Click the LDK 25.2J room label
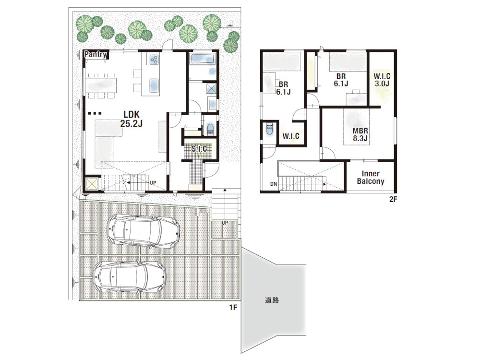pos(132,119)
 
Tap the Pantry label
pos(96,55)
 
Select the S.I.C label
pos(199,149)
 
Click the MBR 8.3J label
pos(360,135)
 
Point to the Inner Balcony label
pos(371,178)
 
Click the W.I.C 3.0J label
pos(382,80)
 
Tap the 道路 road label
pos(272,300)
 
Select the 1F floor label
pos(233,307)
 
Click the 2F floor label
pos(393,200)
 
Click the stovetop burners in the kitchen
pos(154,60)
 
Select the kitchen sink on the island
pos(154,85)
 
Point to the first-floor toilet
pos(210,128)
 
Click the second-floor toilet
pos(269,129)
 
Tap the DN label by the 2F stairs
pos(274,184)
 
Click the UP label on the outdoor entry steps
pos(225,223)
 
